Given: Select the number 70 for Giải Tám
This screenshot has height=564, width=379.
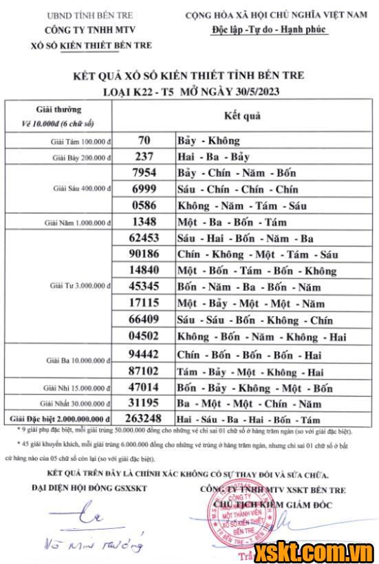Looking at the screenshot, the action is click(x=144, y=140).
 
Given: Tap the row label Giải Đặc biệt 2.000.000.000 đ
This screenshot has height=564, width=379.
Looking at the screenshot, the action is click(x=59, y=419).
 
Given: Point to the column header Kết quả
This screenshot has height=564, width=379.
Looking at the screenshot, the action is click(x=242, y=116).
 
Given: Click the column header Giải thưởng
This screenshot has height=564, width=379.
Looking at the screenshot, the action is click(x=58, y=109).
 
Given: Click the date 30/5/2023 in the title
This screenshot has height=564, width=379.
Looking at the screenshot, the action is click(x=254, y=91).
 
